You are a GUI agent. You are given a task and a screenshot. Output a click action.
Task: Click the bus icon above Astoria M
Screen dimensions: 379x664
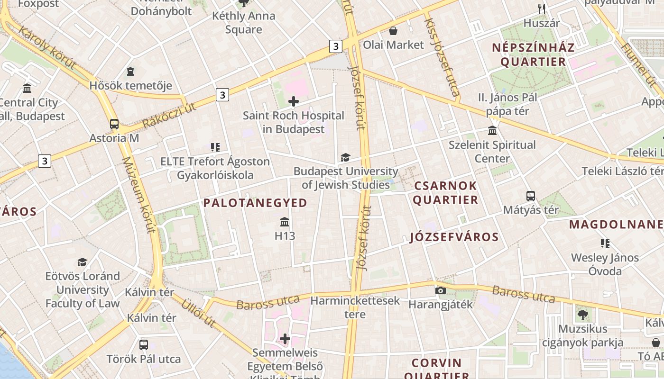[114, 124]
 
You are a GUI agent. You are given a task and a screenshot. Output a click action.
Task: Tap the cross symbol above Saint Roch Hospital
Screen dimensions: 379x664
[294, 101]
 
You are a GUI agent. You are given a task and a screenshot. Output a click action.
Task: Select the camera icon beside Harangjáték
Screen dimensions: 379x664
[441, 290]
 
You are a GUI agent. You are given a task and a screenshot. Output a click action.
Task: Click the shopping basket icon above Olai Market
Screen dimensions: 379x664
[393, 31]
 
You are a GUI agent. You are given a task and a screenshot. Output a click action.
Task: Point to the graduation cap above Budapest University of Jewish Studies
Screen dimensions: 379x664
[345, 157]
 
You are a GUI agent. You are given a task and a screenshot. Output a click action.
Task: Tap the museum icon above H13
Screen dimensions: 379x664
[285, 222]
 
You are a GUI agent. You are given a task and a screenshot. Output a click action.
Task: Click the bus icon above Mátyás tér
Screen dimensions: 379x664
[531, 196]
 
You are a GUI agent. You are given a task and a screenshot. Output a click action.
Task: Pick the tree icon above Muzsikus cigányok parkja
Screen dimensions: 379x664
[582, 315]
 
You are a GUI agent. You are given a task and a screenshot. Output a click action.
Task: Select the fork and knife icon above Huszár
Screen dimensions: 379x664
[542, 9]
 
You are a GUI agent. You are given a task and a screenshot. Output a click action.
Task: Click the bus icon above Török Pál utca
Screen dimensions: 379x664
[144, 345]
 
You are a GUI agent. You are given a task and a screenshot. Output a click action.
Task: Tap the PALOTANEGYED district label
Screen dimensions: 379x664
[255, 203]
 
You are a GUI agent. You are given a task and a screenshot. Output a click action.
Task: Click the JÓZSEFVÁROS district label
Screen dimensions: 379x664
[454, 237]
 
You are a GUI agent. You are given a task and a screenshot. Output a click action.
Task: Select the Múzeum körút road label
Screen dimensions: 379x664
[138, 195]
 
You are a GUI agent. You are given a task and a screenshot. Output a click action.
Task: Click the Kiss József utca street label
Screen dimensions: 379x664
[442, 57]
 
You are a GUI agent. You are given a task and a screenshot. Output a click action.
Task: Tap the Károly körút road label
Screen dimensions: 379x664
[47, 47]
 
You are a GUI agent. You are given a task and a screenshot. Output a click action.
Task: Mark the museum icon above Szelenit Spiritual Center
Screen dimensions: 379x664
[492, 131]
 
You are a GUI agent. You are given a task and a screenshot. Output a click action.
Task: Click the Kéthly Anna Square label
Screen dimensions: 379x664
[244, 23]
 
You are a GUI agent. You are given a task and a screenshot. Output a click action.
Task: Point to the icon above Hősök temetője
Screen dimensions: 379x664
[130, 72]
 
